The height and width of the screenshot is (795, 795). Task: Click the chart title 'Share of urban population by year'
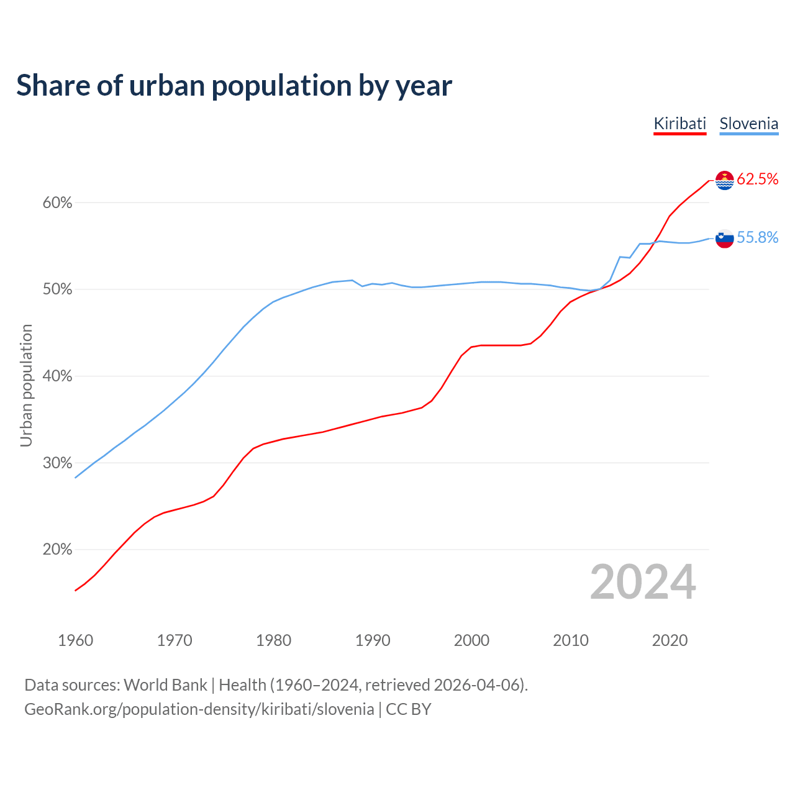click(x=234, y=86)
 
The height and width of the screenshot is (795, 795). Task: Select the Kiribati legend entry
click(x=680, y=124)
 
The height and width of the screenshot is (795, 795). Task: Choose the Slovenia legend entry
click(x=748, y=124)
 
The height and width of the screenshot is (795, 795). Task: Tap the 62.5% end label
click(x=757, y=179)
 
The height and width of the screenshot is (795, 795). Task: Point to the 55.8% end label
click(x=757, y=237)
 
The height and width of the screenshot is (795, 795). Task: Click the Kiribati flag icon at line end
click(x=725, y=180)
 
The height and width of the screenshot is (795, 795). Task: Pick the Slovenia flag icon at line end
click(x=725, y=238)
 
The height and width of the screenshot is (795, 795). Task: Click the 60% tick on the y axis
click(x=57, y=203)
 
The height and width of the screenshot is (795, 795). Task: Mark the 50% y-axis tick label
click(x=57, y=289)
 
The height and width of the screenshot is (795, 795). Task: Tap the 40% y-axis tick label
click(x=57, y=376)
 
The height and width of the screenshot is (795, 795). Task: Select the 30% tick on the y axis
click(x=57, y=463)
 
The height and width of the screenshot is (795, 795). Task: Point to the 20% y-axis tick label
click(x=57, y=550)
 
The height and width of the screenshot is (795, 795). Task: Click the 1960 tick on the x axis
click(x=75, y=640)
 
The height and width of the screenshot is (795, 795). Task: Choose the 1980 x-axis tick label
click(x=273, y=640)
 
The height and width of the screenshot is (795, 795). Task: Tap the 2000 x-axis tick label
click(x=471, y=640)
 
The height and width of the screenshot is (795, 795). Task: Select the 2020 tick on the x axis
click(x=670, y=640)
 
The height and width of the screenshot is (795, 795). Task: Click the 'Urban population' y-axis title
click(x=26, y=385)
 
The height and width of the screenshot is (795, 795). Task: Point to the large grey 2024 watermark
click(x=643, y=582)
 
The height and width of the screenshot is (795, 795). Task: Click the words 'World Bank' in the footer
click(x=165, y=685)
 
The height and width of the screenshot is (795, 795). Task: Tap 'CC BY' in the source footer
click(x=408, y=709)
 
